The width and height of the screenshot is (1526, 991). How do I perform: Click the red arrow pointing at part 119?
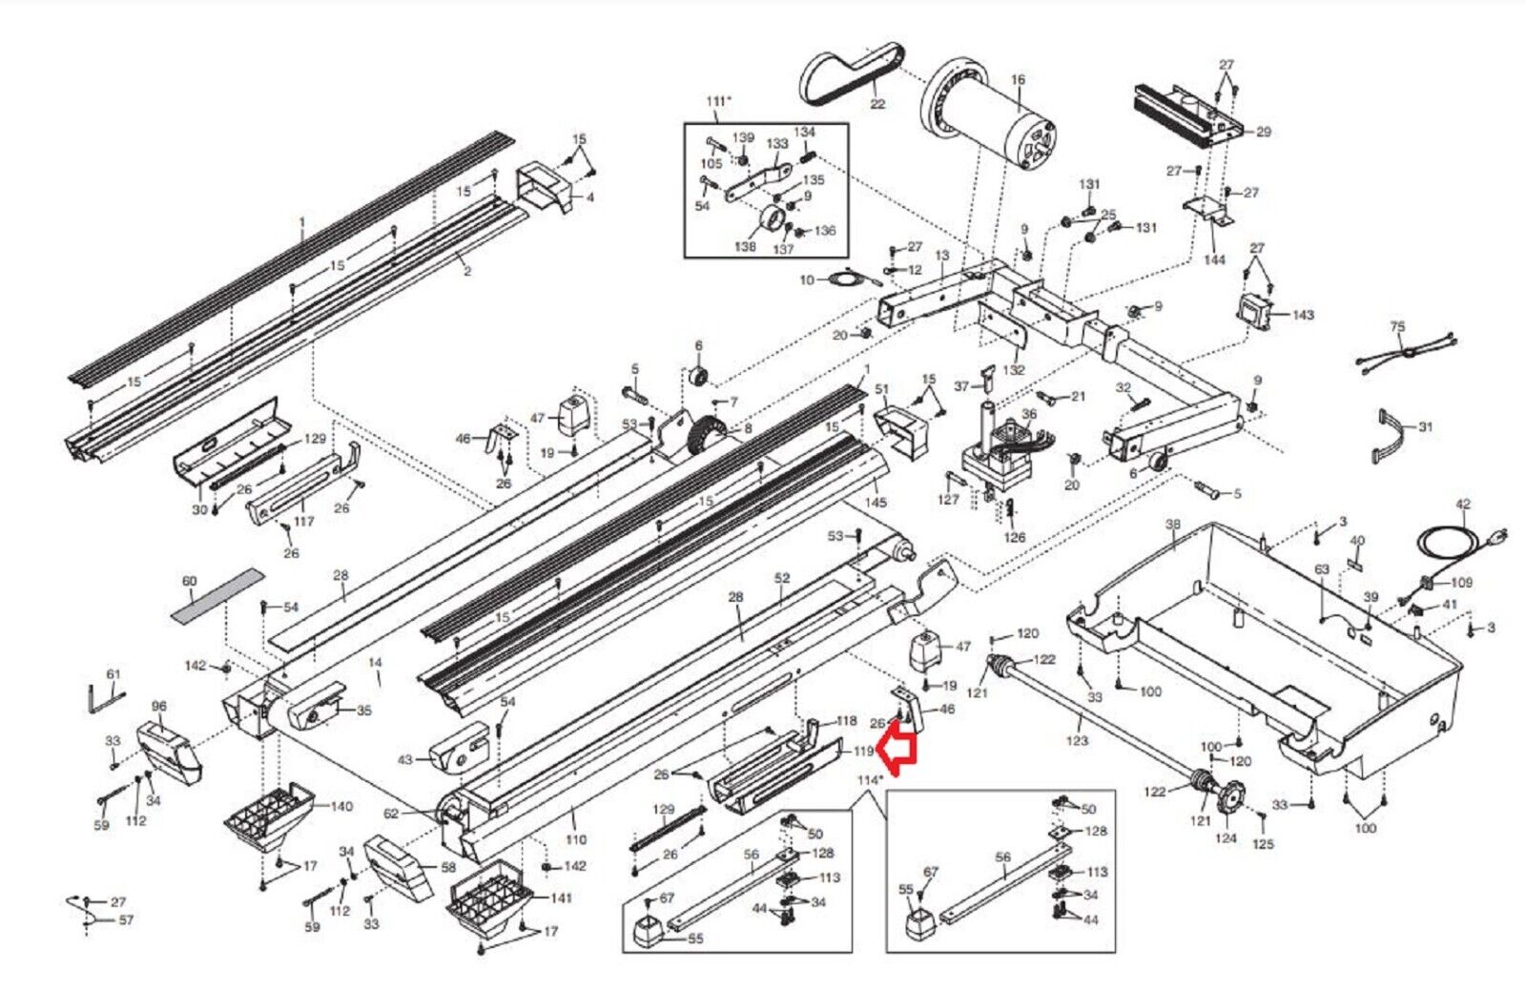point(897,747)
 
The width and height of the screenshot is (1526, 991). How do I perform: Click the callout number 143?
point(1303,315)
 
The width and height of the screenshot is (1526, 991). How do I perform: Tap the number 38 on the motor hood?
point(1172,525)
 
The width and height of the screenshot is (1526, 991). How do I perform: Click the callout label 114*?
point(869,780)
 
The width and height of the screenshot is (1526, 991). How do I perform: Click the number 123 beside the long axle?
point(1077,740)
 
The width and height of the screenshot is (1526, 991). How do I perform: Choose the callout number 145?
point(875,502)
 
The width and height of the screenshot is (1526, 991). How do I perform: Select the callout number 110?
point(575,840)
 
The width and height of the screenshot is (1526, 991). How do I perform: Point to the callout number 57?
point(126,920)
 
